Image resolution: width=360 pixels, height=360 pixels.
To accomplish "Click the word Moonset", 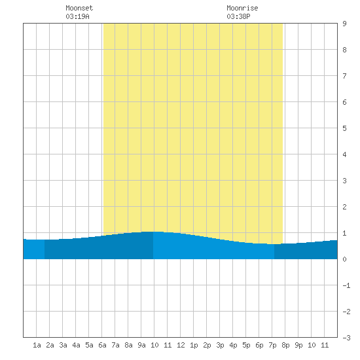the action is click(79, 8).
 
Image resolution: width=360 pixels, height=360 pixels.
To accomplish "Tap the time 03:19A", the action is click(77, 16).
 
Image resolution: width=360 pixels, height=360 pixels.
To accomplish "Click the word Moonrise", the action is click(242, 8).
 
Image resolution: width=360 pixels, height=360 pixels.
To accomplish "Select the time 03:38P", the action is click(238, 16).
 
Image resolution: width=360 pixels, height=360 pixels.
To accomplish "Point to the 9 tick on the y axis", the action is click(344, 24).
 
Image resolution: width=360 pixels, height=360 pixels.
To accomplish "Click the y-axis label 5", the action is click(344, 128).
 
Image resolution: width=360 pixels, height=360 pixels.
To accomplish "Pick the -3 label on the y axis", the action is click(346, 338).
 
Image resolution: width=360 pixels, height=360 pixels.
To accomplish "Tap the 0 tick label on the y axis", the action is click(344, 259).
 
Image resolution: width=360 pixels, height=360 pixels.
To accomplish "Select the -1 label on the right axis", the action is click(346, 285).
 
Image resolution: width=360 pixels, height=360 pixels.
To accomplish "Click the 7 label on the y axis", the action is click(344, 76).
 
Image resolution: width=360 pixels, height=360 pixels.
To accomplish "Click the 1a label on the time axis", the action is click(37, 345).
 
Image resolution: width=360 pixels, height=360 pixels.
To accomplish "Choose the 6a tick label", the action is click(102, 345).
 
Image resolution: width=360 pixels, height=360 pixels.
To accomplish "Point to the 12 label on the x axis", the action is click(181, 345).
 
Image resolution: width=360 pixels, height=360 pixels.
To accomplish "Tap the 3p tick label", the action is click(220, 345).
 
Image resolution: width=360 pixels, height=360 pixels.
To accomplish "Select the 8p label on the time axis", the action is click(285, 345).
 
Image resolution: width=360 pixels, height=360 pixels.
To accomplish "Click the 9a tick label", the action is click(141, 345).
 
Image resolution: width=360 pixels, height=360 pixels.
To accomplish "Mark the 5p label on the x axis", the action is click(246, 345).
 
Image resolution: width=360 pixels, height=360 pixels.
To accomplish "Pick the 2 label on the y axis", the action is click(344, 207).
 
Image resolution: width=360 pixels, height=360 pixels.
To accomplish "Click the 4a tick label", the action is click(76, 345).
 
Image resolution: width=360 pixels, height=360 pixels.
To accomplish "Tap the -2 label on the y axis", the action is click(346, 312).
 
